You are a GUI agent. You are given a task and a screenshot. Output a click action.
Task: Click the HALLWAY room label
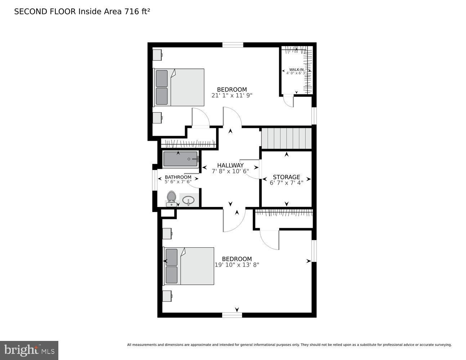(x=230, y=165)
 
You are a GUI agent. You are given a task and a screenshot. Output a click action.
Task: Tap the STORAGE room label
(x=286, y=177)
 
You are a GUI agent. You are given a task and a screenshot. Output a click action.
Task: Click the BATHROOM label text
(x=178, y=177)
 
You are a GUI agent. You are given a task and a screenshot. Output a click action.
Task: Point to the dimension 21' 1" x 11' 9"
(x=232, y=96)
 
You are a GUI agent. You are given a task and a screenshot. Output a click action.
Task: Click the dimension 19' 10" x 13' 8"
(x=237, y=265)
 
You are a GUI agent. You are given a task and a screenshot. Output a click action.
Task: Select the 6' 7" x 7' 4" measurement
(x=286, y=183)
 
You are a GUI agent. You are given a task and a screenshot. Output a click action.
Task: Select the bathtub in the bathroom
(x=180, y=159)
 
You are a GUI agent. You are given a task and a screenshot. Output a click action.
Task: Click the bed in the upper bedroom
(x=179, y=87)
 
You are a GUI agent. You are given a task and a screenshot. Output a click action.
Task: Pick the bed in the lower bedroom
(x=189, y=266)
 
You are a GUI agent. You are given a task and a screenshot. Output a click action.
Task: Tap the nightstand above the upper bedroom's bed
(x=157, y=55)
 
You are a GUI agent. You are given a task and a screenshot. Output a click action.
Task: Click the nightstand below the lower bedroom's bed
(x=167, y=296)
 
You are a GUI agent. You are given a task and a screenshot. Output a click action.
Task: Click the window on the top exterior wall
(x=233, y=45)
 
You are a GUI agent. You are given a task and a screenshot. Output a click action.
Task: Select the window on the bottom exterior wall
(x=232, y=315)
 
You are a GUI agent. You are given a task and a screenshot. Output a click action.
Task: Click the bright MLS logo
(x=29, y=350)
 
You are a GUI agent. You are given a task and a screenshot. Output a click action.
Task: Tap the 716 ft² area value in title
(x=137, y=12)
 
